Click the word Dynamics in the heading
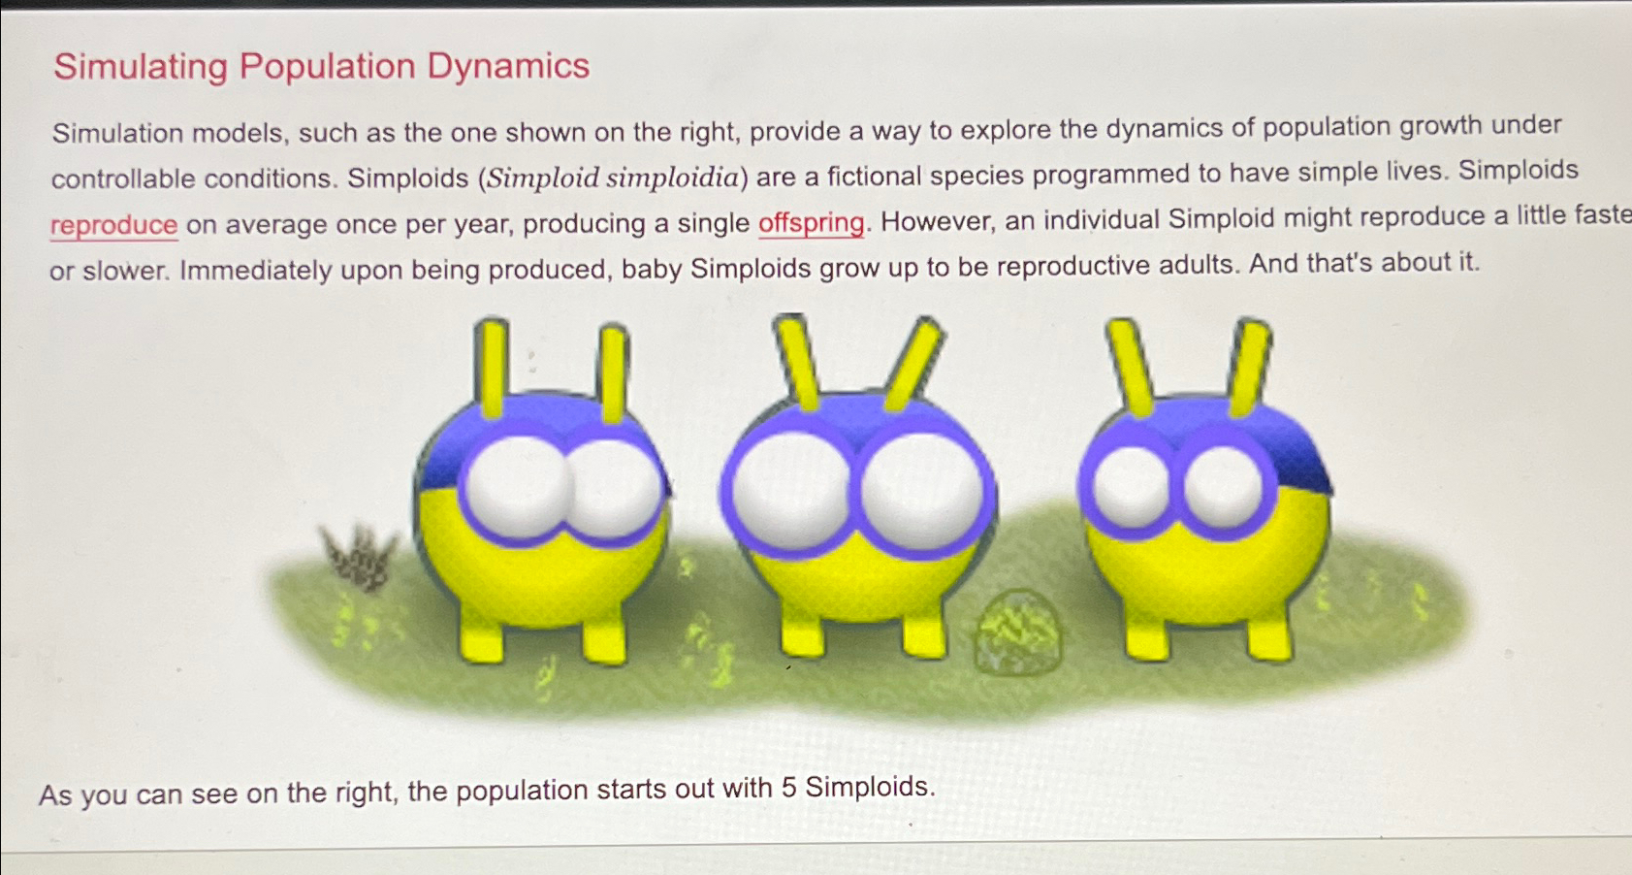coord(508,66)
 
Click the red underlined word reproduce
coord(113,225)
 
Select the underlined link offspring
coord(811,222)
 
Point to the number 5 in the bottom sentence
coord(788,787)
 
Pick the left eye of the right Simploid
coord(1131,485)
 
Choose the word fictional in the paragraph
coord(873,176)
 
